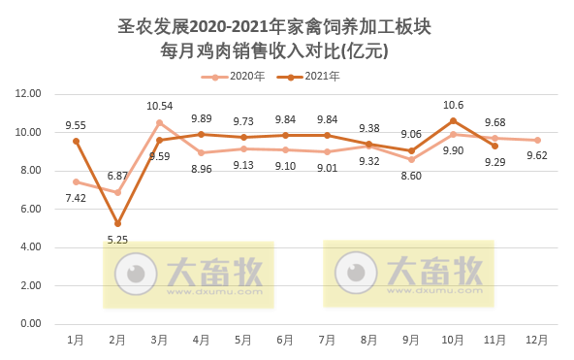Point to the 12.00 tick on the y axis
27,93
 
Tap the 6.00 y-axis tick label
27,209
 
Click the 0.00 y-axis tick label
27,324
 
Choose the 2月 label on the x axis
117,341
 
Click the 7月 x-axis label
327,341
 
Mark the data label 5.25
117,240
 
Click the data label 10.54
159,106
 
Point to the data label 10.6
453,105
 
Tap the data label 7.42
76,198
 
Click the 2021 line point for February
117,223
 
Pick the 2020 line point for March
159,122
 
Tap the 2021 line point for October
453,120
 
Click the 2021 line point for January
76,141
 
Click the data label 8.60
411,176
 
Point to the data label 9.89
202,118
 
